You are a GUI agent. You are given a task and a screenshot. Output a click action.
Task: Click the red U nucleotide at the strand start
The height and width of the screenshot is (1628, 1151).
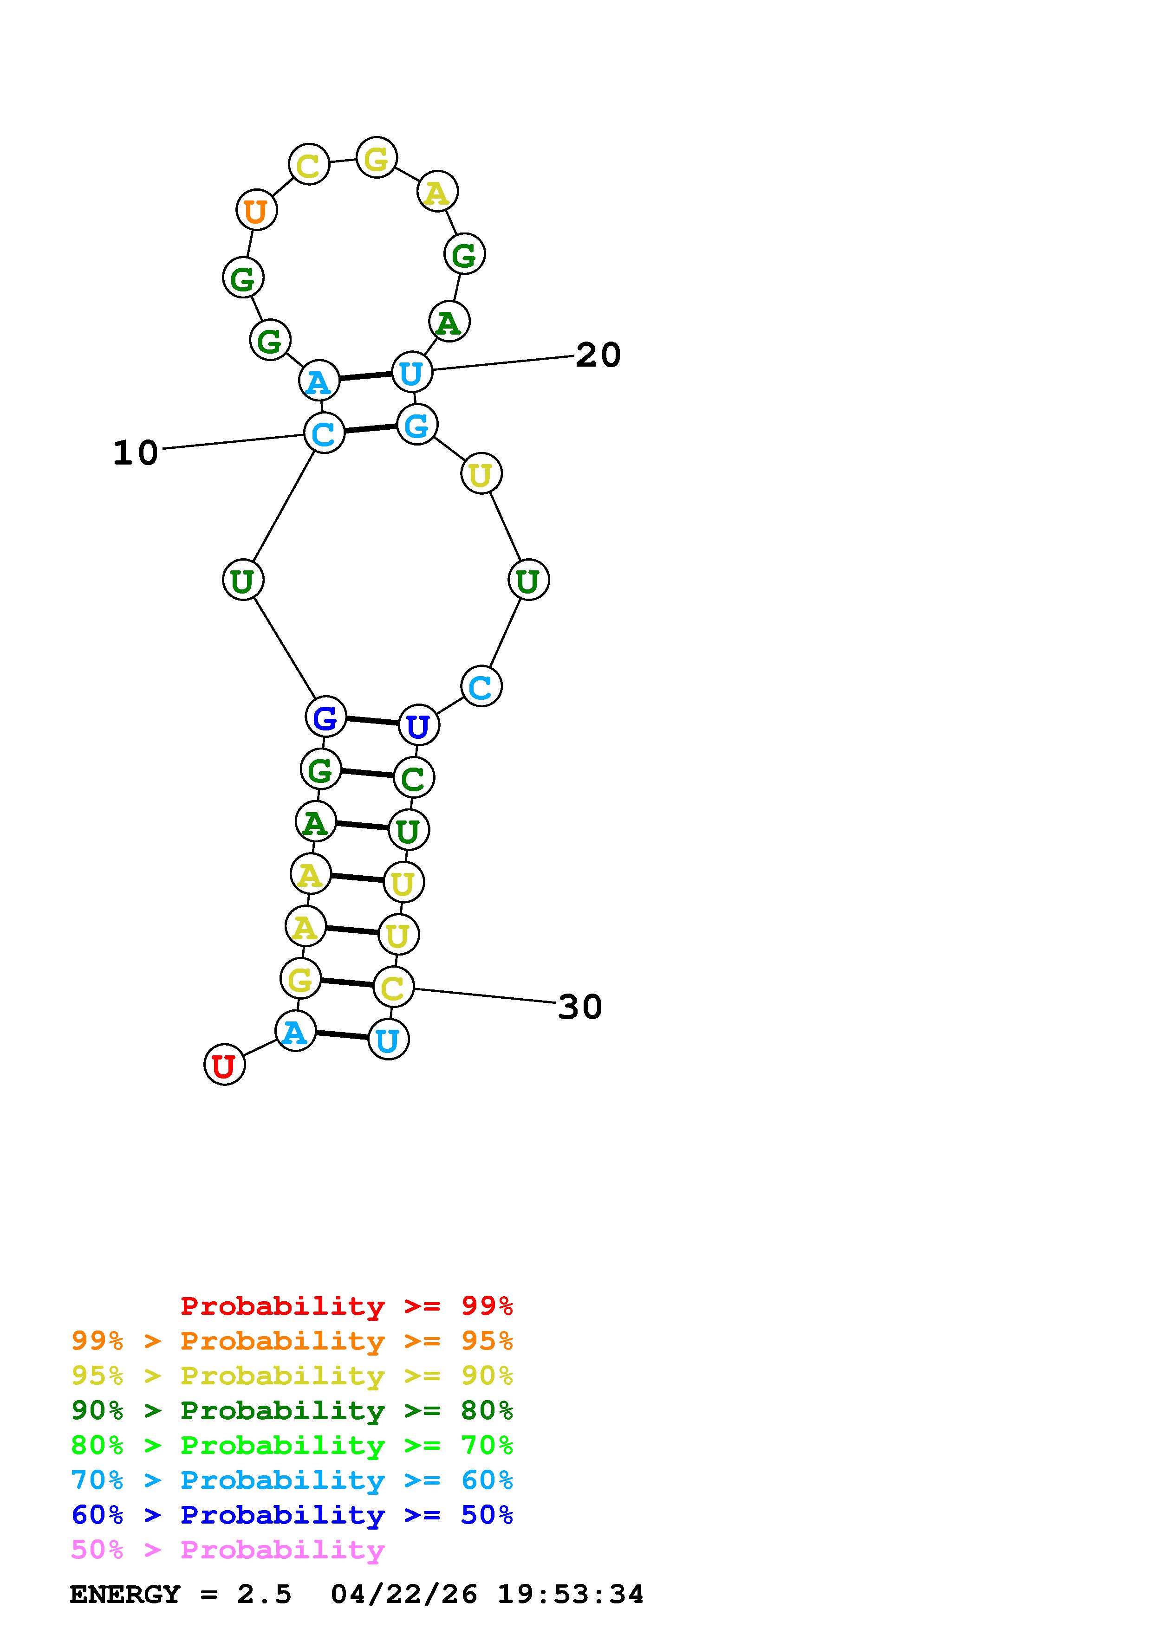click(x=224, y=1065)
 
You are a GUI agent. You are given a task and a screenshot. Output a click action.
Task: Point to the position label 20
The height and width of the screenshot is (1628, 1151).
click(x=598, y=355)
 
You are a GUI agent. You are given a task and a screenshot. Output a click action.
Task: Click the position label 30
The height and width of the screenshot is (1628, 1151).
click(x=579, y=1007)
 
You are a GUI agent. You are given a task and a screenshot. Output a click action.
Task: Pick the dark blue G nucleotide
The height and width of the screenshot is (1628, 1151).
click(x=325, y=717)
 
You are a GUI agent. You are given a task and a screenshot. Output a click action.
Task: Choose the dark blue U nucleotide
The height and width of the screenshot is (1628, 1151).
click(x=418, y=725)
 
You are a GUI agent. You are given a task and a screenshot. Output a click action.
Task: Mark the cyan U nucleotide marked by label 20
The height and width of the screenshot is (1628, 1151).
click(x=412, y=372)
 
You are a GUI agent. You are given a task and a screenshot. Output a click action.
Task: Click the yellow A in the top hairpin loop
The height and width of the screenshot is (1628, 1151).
click(x=437, y=192)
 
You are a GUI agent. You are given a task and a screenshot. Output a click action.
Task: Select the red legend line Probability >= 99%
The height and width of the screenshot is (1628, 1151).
click(x=346, y=1306)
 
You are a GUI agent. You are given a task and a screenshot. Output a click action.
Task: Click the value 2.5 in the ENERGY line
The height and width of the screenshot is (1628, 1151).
click(x=264, y=1594)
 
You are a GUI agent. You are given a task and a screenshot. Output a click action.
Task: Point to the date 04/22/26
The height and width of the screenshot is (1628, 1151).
click(x=403, y=1594)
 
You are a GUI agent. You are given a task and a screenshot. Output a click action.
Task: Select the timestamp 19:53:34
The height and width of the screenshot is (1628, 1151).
click(x=570, y=1594)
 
